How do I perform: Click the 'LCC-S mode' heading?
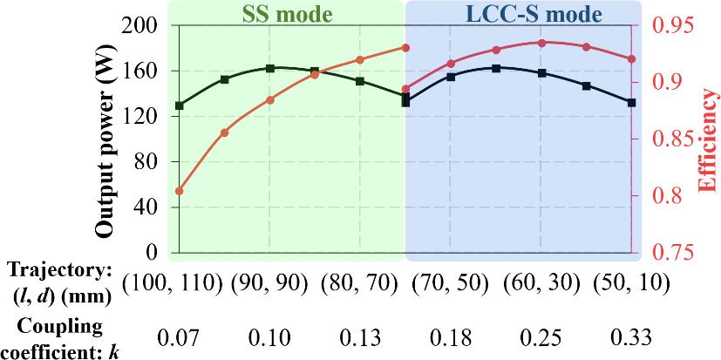point(521,14)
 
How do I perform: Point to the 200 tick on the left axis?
point(142,25)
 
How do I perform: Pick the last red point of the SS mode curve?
point(405,47)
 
